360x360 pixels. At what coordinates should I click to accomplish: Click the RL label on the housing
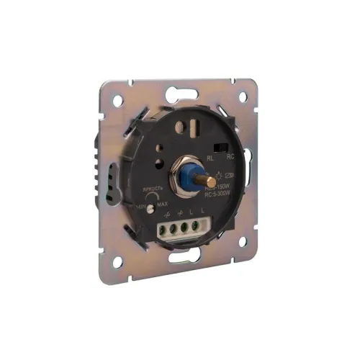tap(210, 156)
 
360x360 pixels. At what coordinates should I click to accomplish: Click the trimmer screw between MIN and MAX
tap(152, 207)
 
